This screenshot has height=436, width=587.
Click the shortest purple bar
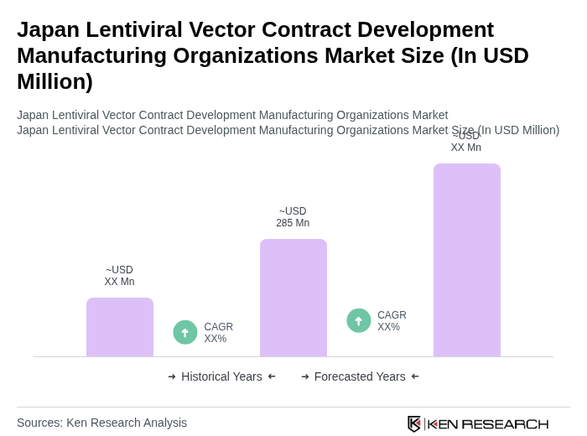coord(120,327)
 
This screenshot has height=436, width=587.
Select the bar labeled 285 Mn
coord(293,298)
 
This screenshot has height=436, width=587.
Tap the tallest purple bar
coord(466,260)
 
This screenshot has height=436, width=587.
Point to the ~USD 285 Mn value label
coord(293,217)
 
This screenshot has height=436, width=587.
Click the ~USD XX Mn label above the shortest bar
coord(119,276)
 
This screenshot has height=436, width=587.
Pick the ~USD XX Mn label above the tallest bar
coord(466,142)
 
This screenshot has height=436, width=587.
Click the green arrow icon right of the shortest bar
coord(185,332)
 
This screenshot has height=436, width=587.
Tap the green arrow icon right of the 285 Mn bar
coord(359,320)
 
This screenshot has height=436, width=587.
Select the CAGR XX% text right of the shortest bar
coord(219,333)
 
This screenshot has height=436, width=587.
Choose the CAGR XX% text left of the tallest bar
coord(392,321)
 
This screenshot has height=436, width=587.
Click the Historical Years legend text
coord(221,376)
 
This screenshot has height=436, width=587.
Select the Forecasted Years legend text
coord(360,376)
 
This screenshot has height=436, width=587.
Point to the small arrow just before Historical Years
coord(172,376)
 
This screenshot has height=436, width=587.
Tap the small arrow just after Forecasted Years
coord(415,376)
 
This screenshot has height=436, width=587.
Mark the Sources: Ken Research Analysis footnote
coord(101,423)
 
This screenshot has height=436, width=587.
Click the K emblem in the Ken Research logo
coord(414,423)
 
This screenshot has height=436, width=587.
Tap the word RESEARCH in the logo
coord(505,424)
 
